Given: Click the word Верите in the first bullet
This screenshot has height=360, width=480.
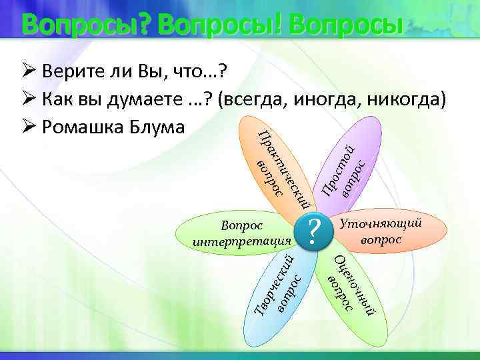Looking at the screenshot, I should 70,71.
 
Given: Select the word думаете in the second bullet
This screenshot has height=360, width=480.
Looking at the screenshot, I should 133,100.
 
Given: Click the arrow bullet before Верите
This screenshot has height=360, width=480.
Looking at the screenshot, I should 27,71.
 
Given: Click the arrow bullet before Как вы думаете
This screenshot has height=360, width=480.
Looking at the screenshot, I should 27,100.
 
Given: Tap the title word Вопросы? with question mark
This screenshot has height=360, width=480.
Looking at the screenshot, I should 89,25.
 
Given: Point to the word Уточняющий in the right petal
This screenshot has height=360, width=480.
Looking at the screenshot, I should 381,225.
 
